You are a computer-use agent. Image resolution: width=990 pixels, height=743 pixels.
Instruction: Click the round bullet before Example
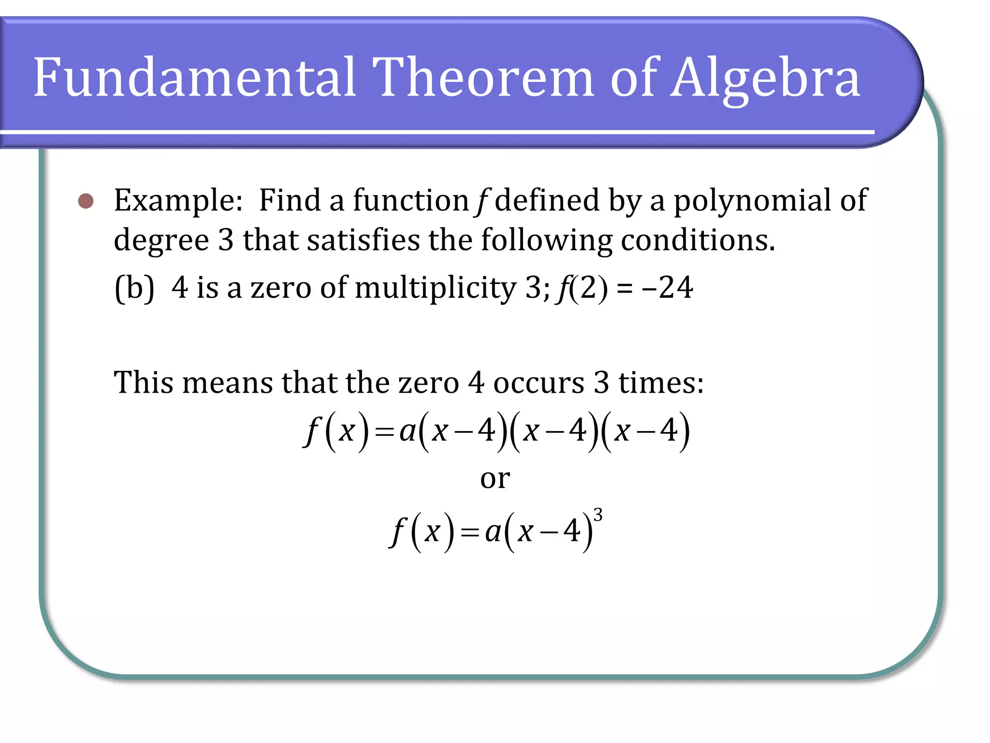point(86,201)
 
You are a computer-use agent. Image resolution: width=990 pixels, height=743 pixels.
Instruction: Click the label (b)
point(134,288)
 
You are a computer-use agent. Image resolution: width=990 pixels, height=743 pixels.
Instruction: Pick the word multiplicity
point(436,288)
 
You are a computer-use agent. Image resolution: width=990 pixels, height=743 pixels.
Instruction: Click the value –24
point(668,288)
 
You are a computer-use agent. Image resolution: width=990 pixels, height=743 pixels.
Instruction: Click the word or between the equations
point(495,479)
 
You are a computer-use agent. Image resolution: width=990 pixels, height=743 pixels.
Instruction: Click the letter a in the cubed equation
point(493,532)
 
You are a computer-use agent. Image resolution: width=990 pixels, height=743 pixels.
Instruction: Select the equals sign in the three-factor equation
point(384,432)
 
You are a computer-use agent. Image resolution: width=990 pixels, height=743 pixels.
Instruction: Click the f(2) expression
point(583,288)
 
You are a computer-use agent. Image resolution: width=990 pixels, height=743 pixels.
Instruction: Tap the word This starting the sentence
point(143,383)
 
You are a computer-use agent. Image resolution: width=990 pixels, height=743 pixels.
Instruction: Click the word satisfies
point(363,240)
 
